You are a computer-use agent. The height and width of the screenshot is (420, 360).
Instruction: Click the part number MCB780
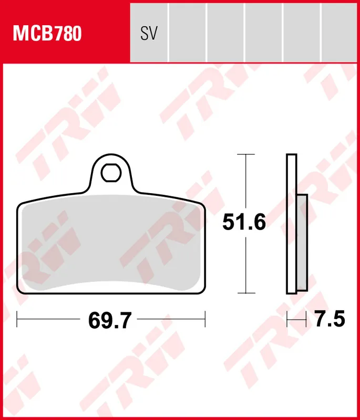coord(47,34)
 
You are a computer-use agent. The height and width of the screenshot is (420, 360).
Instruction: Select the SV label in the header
coord(149,34)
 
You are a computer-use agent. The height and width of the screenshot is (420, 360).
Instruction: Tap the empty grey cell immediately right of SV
coord(187,31)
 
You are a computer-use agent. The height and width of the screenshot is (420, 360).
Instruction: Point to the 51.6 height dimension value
coord(244,223)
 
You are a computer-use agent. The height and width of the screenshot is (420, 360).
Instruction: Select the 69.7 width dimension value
coord(110,319)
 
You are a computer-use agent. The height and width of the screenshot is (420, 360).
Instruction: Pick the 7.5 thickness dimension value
coord(330,319)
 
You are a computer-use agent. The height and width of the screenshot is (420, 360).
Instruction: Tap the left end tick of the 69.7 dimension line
coord(17,318)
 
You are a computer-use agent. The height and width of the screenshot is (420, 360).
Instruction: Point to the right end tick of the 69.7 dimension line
coord(204,318)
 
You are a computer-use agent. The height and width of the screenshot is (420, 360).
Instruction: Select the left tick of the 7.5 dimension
coord(287,318)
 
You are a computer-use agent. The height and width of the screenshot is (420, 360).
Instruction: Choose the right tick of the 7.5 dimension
coord(306,318)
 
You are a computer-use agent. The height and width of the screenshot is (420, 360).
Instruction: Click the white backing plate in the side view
coord(291,223)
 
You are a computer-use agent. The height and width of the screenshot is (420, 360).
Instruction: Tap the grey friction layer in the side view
coord(302,241)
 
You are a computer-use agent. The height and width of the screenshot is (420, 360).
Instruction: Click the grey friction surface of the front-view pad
coord(110,241)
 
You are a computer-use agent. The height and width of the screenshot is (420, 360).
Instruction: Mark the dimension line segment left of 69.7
coord(50,318)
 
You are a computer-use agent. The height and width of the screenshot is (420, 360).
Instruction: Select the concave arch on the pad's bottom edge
coord(110,283)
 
